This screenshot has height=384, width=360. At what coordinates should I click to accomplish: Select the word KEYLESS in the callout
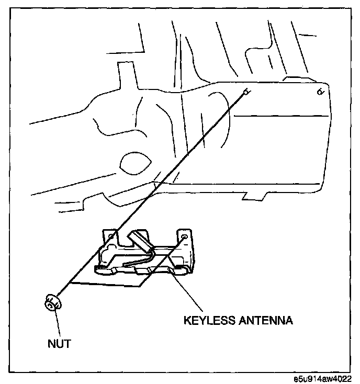(x=206, y=320)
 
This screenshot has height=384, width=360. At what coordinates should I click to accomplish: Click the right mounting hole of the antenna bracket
(x=185, y=238)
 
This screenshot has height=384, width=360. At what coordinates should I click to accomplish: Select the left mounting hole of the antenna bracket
(x=111, y=239)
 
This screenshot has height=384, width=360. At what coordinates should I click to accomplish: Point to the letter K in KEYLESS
(x=186, y=320)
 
